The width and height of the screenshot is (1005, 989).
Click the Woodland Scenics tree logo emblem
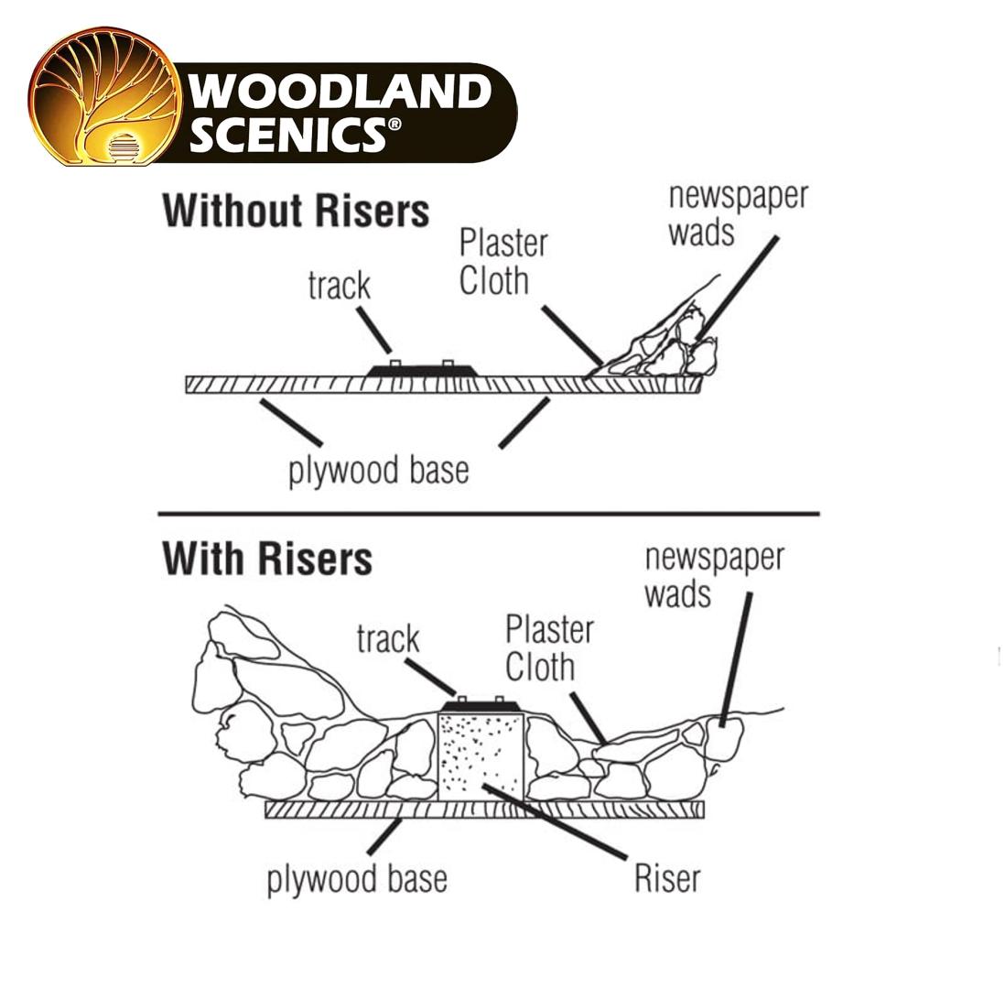click(x=103, y=96)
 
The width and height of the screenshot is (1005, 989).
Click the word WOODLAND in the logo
click(x=340, y=92)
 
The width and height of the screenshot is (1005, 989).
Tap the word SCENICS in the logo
click(x=296, y=134)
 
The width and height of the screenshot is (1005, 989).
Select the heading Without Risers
click(x=296, y=211)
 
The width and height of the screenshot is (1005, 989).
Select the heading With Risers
click(x=267, y=559)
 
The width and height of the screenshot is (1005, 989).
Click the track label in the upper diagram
click(x=339, y=286)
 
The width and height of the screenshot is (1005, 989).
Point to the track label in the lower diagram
click(x=388, y=639)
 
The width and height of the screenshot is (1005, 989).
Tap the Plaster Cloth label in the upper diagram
click(x=503, y=262)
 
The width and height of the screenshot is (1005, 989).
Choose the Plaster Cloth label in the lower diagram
click(x=550, y=648)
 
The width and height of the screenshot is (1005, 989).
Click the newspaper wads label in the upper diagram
click(x=739, y=215)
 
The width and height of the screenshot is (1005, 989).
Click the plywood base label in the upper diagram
click(x=379, y=472)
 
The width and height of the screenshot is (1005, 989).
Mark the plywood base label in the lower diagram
click(x=357, y=879)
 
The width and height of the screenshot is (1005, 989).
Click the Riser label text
click(x=667, y=878)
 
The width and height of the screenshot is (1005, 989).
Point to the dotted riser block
click(x=481, y=755)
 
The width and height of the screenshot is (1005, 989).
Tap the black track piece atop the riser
click(x=481, y=705)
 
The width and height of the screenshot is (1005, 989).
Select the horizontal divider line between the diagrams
click(x=489, y=514)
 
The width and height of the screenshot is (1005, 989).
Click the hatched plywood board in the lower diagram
click(x=484, y=810)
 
